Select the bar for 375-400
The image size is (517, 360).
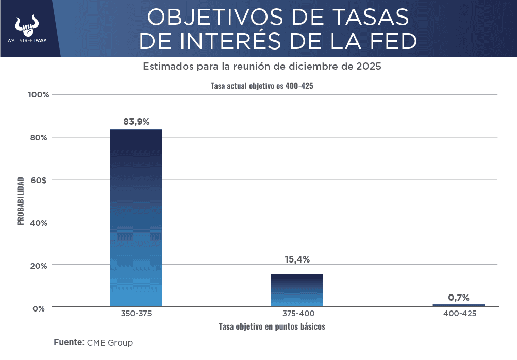click(297, 290)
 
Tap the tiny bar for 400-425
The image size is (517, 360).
click(458, 305)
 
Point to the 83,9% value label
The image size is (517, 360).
click(136, 122)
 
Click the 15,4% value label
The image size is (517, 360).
click(297, 259)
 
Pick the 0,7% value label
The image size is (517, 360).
click(458, 297)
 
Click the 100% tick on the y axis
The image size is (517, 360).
click(38, 95)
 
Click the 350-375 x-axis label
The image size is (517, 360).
click(136, 314)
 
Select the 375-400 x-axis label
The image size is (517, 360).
click(297, 314)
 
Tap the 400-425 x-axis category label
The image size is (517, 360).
click(459, 314)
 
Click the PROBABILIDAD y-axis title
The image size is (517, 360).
click(21, 201)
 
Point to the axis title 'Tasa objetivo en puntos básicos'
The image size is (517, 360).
click(272, 326)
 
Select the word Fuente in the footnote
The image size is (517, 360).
click(68, 342)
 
